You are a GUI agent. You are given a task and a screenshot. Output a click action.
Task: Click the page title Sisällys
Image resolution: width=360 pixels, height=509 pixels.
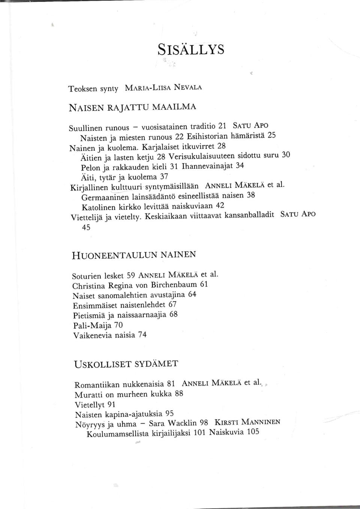[191, 49]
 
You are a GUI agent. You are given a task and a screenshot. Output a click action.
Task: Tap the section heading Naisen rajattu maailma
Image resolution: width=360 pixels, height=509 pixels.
[132, 107]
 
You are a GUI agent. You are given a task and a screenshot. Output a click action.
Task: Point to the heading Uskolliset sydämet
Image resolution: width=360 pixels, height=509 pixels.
[126, 364]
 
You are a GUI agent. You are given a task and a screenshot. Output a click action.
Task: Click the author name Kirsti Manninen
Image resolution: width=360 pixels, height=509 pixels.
[247, 422]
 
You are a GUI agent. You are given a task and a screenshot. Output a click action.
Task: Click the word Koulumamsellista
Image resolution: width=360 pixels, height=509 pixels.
[117, 434]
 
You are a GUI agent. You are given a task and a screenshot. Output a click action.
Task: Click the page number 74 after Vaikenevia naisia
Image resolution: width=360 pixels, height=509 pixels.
[142, 335]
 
